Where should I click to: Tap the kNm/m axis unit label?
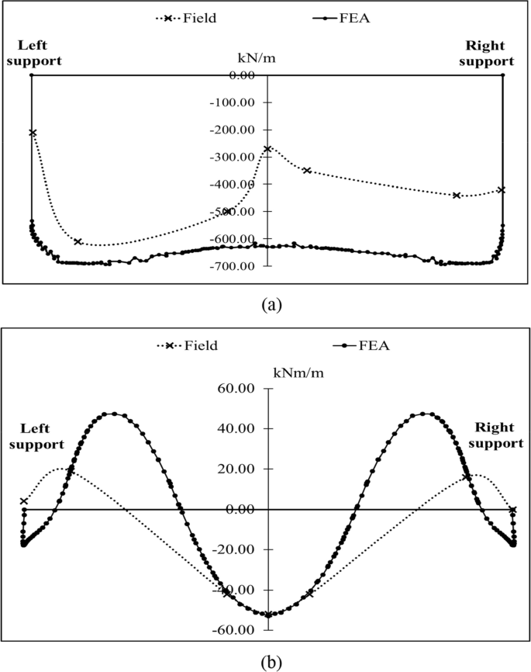point(299,372)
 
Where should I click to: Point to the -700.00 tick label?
point(234,266)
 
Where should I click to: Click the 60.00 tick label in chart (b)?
point(240,388)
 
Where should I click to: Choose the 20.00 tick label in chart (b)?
point(240,469)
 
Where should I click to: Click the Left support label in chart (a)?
point(32,53)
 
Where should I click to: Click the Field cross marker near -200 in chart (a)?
point(33,133)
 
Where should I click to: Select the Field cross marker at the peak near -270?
point(267,149)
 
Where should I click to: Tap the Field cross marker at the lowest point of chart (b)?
point(268,615)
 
